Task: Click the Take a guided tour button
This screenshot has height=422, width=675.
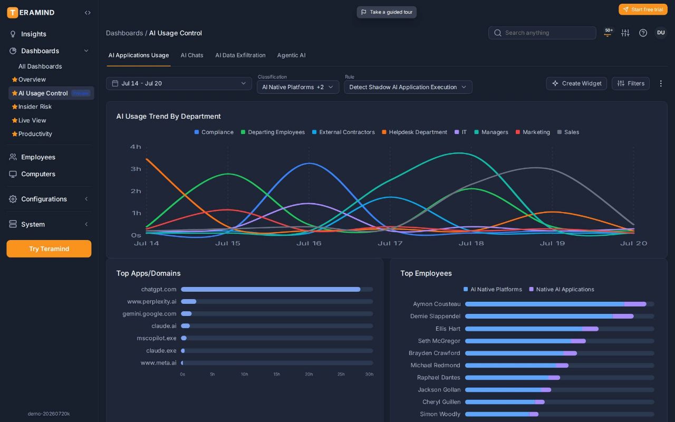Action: tap(387, 12)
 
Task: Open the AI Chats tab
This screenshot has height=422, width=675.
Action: tap(192, 55)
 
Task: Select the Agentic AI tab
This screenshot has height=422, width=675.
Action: tap(291, 55)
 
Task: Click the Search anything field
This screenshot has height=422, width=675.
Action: tap(542, 33)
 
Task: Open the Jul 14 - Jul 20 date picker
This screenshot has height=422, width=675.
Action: tap(179, 83)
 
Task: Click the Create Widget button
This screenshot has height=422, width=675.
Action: tap(576, 83)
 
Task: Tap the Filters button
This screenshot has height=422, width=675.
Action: tap(630, 83)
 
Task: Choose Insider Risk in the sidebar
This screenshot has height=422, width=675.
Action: tap(35, 107)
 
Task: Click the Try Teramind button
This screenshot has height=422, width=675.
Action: tap(49, 248)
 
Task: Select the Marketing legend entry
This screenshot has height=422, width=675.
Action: tap(533, 132)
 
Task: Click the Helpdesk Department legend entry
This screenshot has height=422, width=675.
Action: tap(414, 132)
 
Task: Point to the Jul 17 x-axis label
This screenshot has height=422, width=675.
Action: tap(390, 243)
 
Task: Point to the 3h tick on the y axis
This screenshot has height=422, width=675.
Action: tap(136, 169)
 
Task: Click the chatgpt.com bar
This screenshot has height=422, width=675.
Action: tap(271, 290)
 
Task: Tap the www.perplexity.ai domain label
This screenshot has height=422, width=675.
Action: tap(151, 301)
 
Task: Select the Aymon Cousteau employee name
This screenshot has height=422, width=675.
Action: tap(437, 304)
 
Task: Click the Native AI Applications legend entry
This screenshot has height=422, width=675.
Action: tap(562, 290)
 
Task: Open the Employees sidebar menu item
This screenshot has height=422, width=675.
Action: tap(38, 157)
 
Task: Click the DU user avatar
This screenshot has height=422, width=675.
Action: tap(661, 33)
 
